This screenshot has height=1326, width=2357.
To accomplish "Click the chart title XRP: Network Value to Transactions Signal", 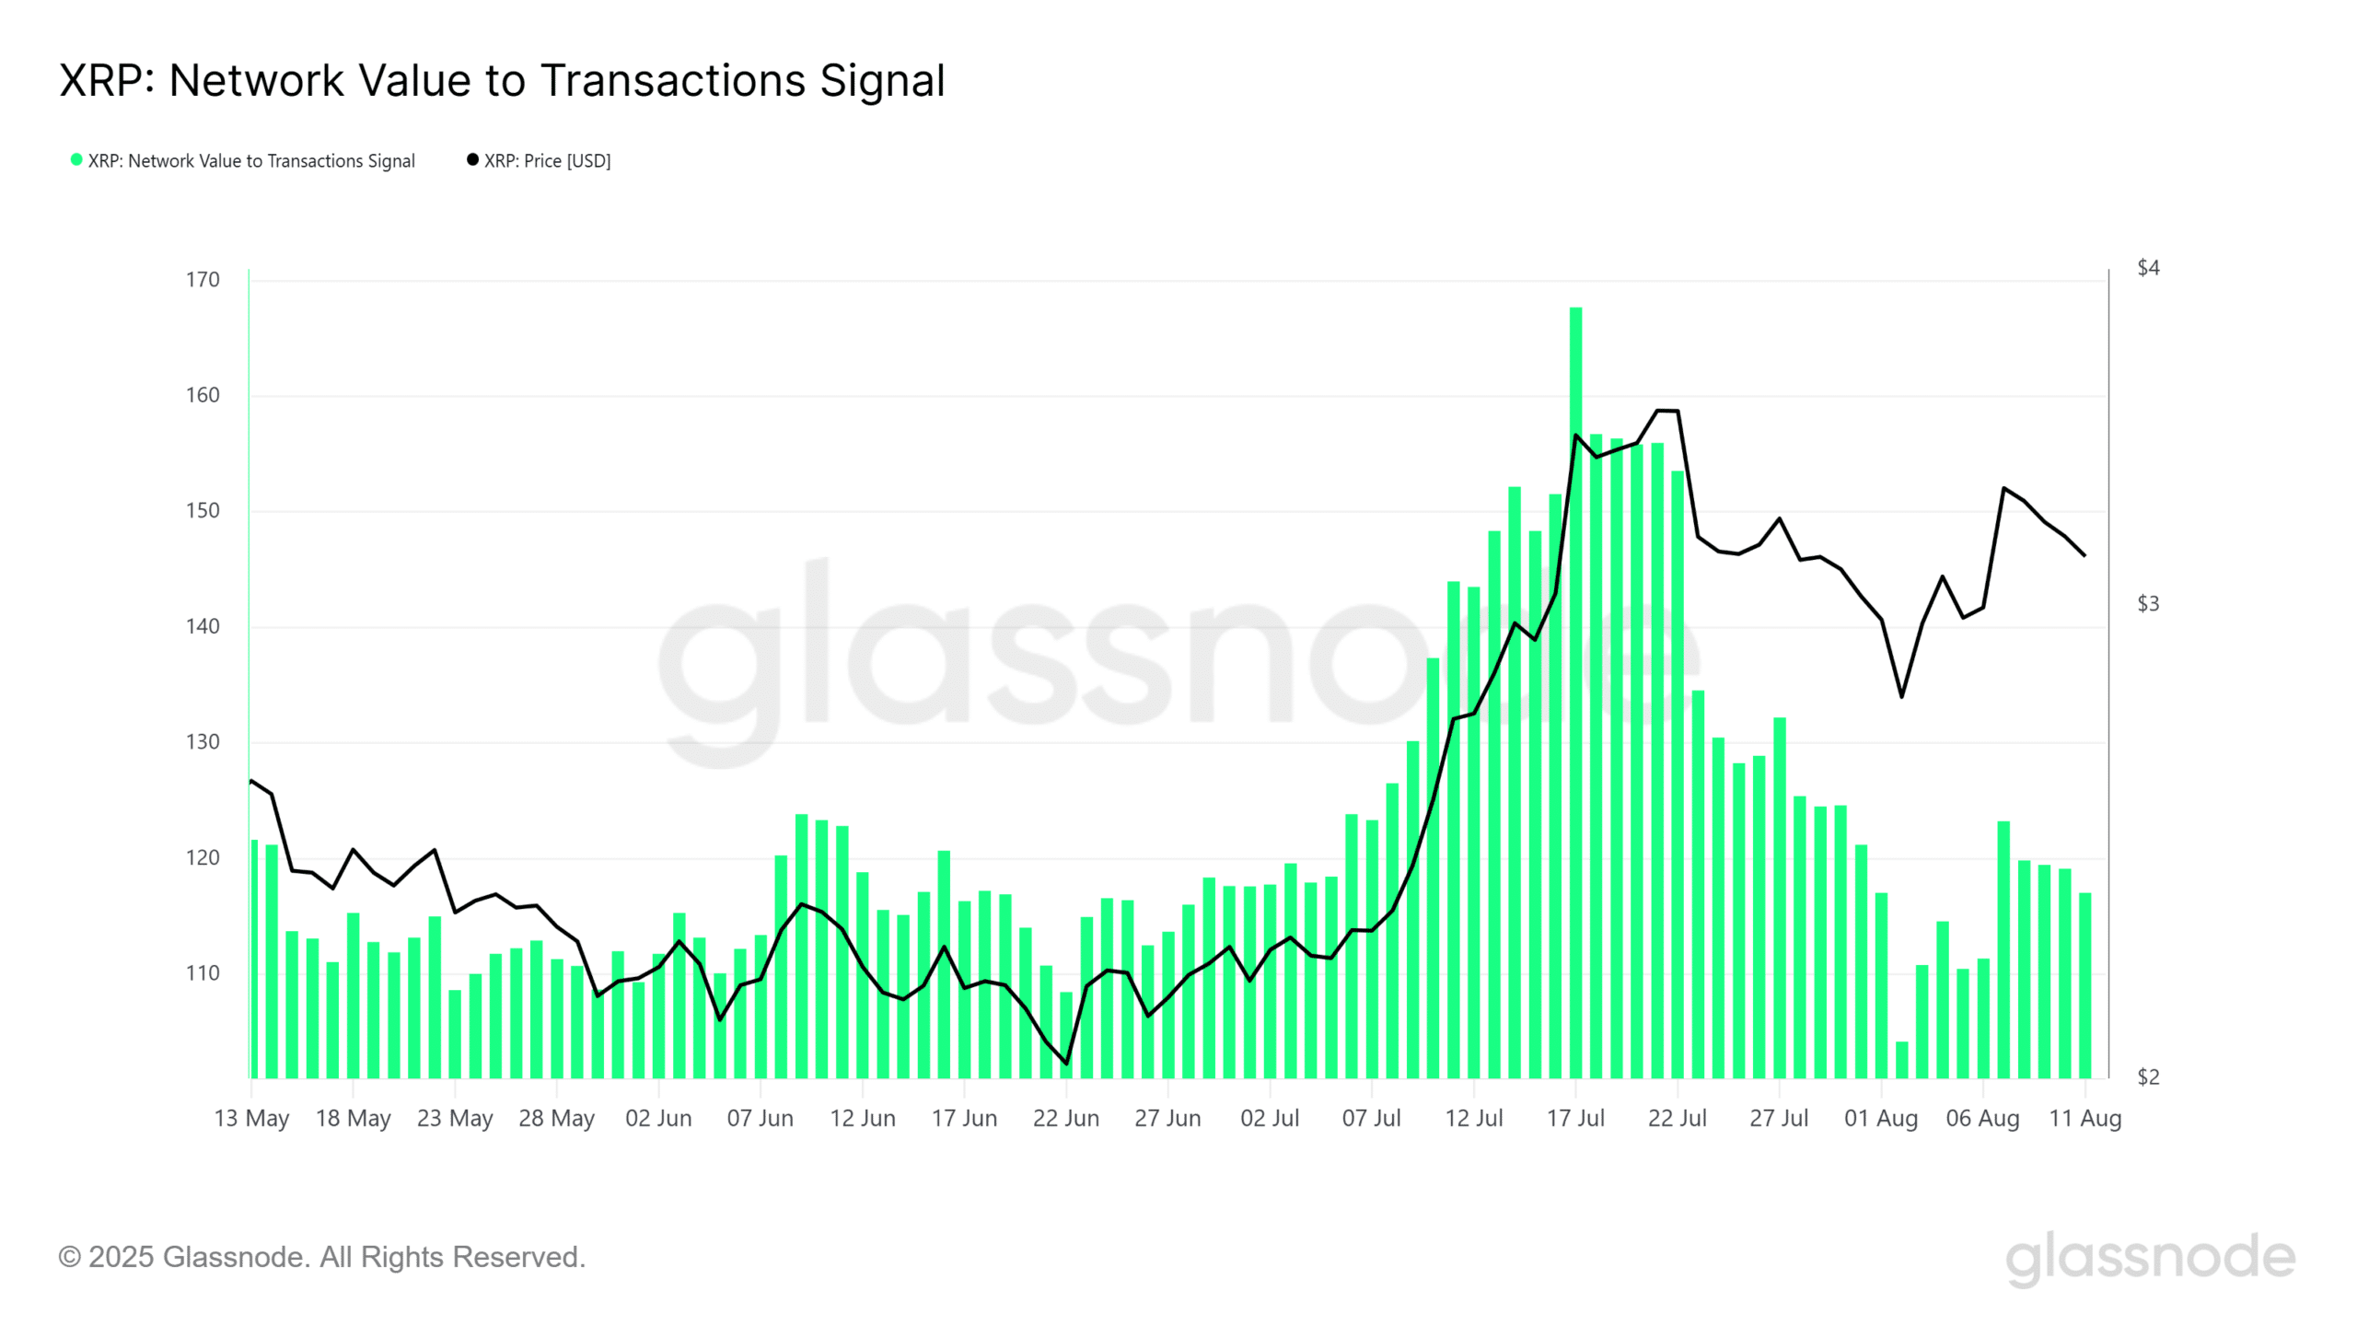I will click(502, 81).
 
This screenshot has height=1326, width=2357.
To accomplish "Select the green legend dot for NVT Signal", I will click(76, 160).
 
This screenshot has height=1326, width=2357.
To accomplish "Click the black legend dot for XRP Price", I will click(472, 160).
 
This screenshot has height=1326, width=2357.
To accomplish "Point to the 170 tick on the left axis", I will click(203, 280).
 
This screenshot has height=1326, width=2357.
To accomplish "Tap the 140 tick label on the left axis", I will click(203, 626).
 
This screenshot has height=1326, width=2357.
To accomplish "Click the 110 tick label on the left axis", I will click(203, 973).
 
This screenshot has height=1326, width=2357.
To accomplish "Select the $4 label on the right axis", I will click(2148, 268).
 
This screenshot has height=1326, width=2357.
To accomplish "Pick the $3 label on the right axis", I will click(2148, 604).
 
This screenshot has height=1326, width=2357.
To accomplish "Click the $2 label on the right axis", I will click(2148, 1076).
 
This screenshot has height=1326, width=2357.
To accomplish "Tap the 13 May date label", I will click(251, 1119).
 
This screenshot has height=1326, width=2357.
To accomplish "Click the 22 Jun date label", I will click(1066, 1119).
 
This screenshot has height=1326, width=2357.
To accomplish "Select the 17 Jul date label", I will click(1575, 1119).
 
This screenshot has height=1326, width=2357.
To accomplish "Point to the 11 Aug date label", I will click(2084, 1119).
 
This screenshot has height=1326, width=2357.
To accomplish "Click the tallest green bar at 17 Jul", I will click(1575, 691).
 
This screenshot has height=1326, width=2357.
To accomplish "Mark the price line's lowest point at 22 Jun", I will click(1066, 1064).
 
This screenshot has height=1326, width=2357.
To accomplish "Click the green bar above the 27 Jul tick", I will click(1780, 898).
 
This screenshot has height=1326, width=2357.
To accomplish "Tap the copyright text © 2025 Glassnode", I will click(321, 1257).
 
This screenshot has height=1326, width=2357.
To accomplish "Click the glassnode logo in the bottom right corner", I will click(2150, 1259).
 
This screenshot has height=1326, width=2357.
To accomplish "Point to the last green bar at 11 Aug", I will click(2084, 985).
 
